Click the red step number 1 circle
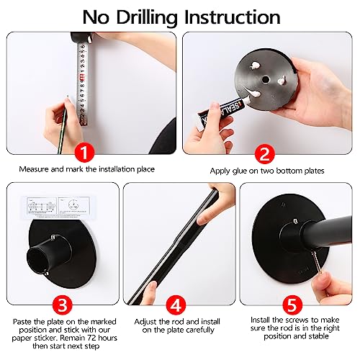(84, 152)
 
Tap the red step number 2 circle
(264, 154)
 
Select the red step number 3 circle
(63, 305)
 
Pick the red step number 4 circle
(176, 305)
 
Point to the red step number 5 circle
(292, 305)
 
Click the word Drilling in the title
(146, 18)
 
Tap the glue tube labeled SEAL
(222, 111)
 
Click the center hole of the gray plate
(265, 79)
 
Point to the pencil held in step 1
(63, 125)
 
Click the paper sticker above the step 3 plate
(58, 207)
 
